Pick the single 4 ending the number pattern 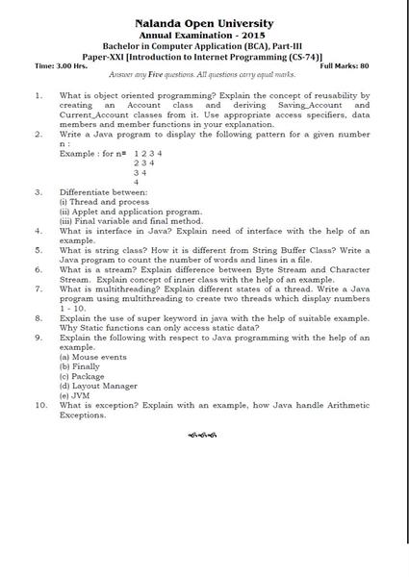(137, 181)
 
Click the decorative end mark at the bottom (202, 434)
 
